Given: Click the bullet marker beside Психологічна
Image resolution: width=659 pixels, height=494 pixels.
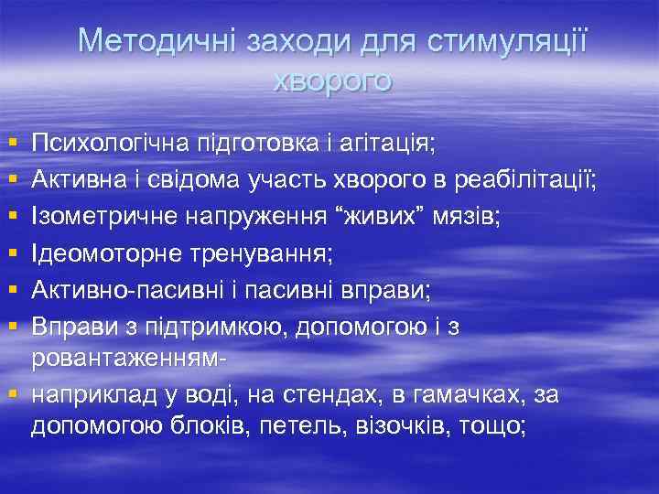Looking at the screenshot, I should tap(12, 144).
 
